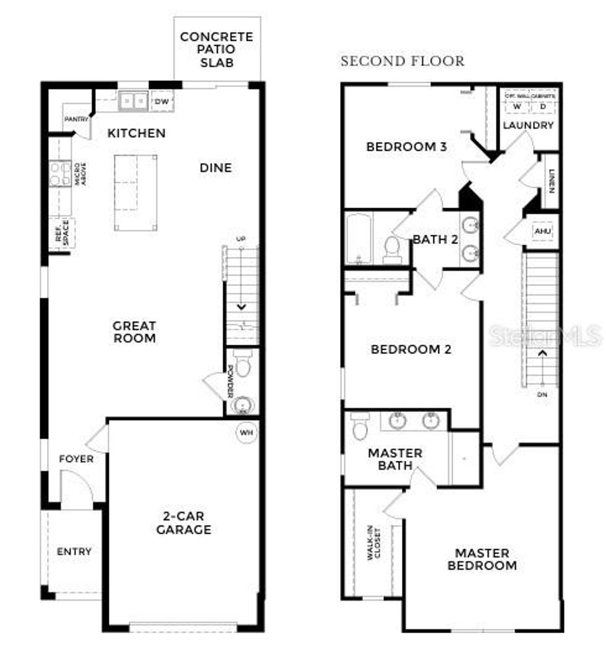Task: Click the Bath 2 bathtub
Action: click(x=359, y=238)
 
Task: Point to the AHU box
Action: click(x=541, y=231)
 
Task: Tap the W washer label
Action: click(x=517, y=107)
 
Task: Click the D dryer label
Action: click(x=542, y=107)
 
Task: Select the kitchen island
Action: click(x=136, y=192)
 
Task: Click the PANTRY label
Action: click(x=76, y=119)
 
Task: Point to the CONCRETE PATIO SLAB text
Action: click(x=217, y=49)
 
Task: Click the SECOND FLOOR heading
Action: click(x=402, y=61)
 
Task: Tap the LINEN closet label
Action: click(x=551, y=181)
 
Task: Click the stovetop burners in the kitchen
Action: click(x=59, y=173)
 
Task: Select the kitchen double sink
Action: click(x=133, y=102)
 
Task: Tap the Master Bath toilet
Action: click(x=359, y=426)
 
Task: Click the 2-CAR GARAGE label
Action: click(x=183, y=523)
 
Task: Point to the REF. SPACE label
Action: click(x=62, y=233)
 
